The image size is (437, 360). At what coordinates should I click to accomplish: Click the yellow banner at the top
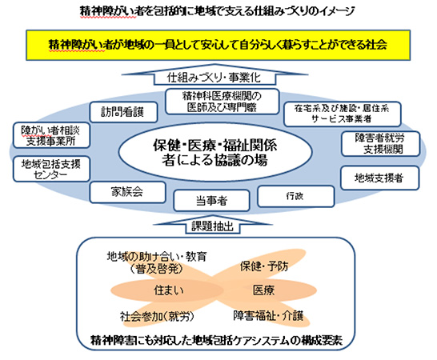(218, 45)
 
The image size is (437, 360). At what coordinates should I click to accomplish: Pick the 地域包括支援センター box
(46, 169)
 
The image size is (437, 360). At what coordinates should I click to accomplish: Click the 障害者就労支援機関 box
(381, 143)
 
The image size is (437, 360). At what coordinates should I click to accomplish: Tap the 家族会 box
(126, 192)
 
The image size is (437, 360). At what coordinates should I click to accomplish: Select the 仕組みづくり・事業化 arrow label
(217, 78)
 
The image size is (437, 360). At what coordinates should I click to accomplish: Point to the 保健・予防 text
(263, 265)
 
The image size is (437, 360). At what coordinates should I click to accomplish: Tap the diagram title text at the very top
(218, 11)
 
